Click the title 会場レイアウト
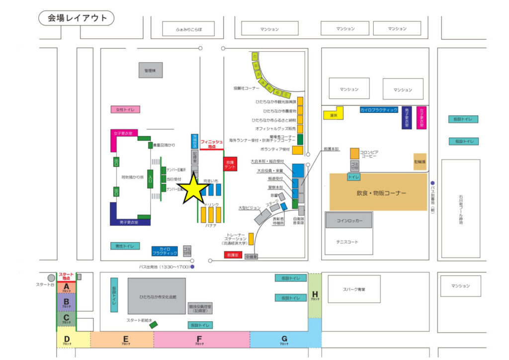(x=77, y=18)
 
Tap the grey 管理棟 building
(x=150, y=71)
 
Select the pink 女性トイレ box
(x=125, y=109)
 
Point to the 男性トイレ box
(x=125, y=246)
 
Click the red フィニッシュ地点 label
(x=212, y=144)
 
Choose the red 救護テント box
(x=230, y=165)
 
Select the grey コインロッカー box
(x=349, y=220)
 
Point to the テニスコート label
(x=348, y=242)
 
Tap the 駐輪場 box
(x=420, y=162)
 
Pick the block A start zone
(x=66, y=287)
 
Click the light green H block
(x=315, y=295)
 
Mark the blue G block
(x=284, y=340)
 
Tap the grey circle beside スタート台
(x=51, y=278)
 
